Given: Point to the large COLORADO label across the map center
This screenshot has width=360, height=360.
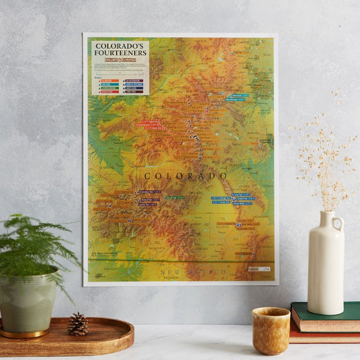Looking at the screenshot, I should pos(185,176).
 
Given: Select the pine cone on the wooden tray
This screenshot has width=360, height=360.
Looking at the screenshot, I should pos(78,325).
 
